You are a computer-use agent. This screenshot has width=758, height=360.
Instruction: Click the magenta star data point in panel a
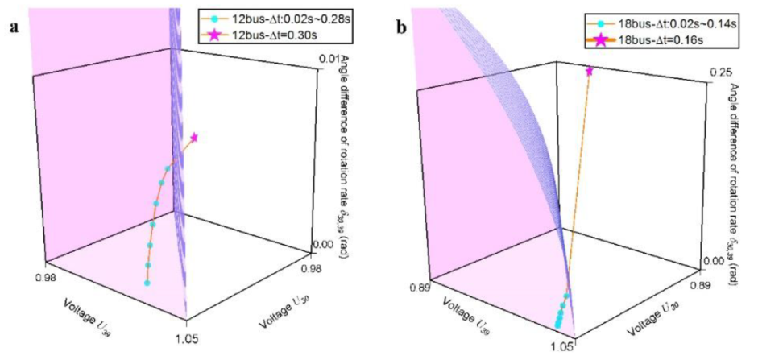[x=193, y=138]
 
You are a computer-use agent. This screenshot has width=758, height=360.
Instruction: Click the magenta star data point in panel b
[x=590, y=72]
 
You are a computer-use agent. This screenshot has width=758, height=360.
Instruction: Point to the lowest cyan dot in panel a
[x=147, y=283]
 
